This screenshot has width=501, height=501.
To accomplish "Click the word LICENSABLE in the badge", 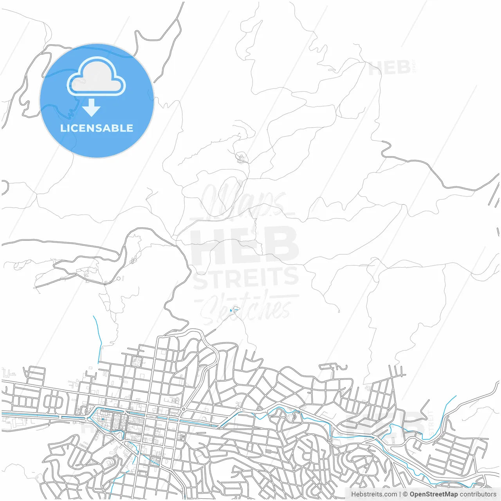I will click(x=97, y=128).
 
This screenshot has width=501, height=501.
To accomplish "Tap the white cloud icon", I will click(x=96, y=77).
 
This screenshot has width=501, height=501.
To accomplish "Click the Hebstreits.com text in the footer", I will click(x=374, y=494).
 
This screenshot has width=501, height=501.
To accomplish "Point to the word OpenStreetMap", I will click(x=434, y=494).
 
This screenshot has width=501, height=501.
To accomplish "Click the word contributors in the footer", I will click(x=478, y=494).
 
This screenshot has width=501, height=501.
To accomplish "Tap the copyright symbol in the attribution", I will click(x=405, y=494).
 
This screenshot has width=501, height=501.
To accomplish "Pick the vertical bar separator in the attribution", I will click(x=400, y=494).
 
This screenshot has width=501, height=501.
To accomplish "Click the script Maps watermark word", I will click(x=243, y=200).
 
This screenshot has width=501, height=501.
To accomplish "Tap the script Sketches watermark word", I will click(x=246, y=307).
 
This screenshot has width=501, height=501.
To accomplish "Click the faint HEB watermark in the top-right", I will click(x=389, y=68).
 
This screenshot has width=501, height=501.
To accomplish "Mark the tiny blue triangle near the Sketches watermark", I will click(x=231, y=311).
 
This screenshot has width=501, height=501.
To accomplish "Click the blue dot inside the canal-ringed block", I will click(x=103, y=419).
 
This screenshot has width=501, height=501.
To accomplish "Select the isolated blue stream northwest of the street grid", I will click(x=98, y=337).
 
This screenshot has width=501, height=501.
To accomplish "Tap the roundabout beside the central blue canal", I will click(x=183, y=409).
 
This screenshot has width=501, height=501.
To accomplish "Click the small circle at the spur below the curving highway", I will click(x=118, y=279).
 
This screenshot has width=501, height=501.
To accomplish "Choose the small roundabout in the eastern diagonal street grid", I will click(x=368, y=403).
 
